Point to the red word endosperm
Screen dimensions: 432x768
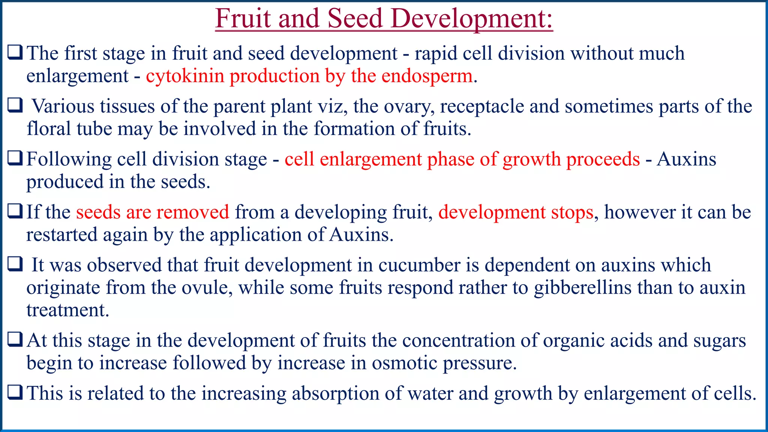coord(427,76)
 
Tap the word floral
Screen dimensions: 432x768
coord(49,129)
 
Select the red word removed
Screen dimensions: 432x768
coord(198,212)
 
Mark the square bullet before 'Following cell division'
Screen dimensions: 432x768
coord(15,159)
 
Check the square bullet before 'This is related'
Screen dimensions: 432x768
coord(15,393)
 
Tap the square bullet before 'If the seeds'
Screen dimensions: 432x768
coord(15,212)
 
